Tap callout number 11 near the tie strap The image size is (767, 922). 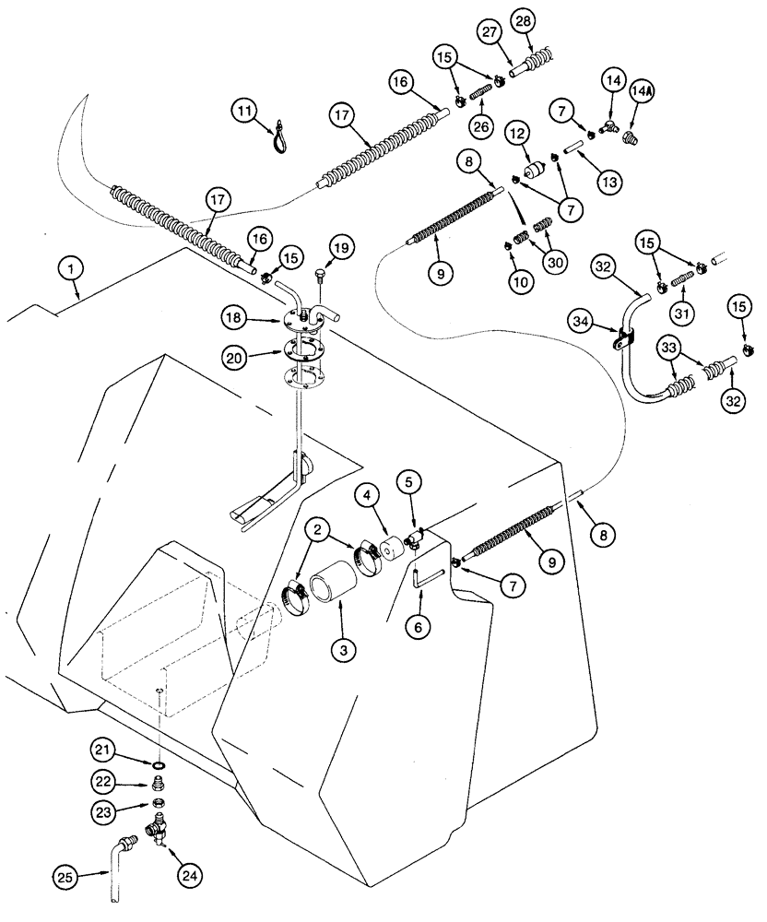[242, 112]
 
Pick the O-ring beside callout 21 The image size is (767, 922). [159, 764]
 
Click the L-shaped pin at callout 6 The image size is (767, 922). [419, 582]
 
